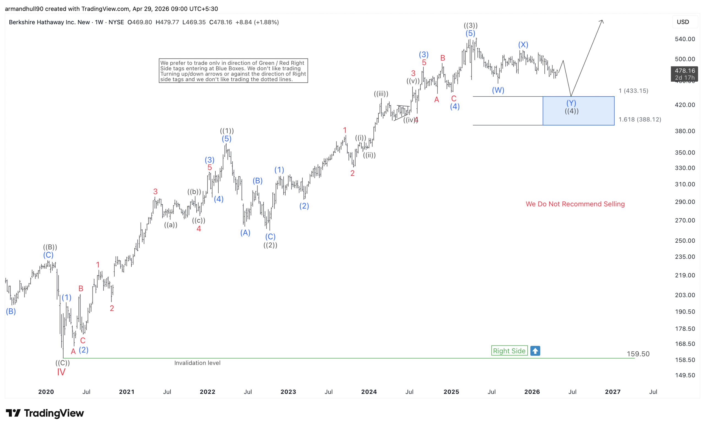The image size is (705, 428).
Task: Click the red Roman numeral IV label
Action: pyautogui.click(x=61, y=372)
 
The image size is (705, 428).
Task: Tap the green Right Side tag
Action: pyautogui.click(x=509, y=351)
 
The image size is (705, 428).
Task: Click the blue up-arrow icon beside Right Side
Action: pyautogui.click(x=535, y=351)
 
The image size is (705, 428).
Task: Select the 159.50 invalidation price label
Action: pyautogui.click(x=638, y=354)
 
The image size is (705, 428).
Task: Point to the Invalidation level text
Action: pyautogui.click(x=197, y=363)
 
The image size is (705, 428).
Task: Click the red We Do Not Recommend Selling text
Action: pyautogui.click(x=575, y=204)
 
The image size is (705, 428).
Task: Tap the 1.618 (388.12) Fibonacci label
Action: pyautogui.click(x=640, y=119)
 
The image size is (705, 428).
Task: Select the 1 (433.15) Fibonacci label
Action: pyautogui.click(x=633, y=91)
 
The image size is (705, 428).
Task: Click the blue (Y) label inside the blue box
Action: pyautogui.click(x=571, y=103)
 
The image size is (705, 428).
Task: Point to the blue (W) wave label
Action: pyautogui.click(x=498, y=90)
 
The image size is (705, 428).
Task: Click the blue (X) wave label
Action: pyautogui.click(x=523, y=45)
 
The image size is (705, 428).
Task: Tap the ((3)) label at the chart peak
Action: pyautogui.click(x=470, y=25)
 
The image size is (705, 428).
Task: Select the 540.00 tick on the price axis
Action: pyautogui.click(x=685, y=39)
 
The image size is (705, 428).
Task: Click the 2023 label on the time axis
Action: pyautogui.click(x=288, y=392)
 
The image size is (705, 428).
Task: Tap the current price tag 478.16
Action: pyautogui.click(x=684, y=71)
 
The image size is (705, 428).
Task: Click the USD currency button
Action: pyautogui.click(x=683, y=22)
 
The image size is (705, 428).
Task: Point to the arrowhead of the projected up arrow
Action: pyautogui.click(x=602, y=21)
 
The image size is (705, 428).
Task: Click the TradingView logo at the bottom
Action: pyautogui.click(x=45, y=413)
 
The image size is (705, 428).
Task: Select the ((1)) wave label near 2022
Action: pyautogui.click(x=227, y=131)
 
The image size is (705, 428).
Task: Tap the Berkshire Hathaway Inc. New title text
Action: pyautogui.click(x=49, y=22)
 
